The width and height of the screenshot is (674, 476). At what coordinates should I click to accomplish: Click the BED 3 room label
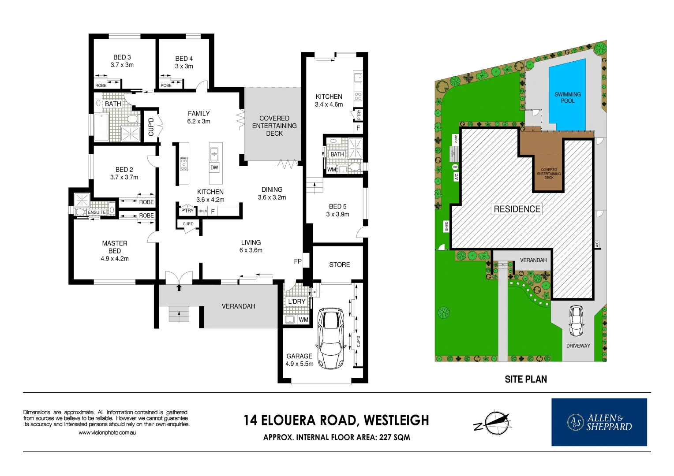click(x=122, y=57)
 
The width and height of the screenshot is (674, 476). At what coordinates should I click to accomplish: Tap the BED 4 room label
click(x=184, y=59)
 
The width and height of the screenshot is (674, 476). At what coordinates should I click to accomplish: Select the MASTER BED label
click(x=115, y=247)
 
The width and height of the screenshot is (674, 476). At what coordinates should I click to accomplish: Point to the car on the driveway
click(x=576, y=320)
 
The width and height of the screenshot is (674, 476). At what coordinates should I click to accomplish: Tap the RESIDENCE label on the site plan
click(x=517, y=209)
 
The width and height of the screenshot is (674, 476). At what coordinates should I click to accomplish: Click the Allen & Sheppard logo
click(x=599, y=422)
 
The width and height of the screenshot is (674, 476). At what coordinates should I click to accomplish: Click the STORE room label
click(x=339, y=264)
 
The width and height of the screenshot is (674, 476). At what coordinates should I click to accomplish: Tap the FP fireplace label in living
click(x=298, y=261)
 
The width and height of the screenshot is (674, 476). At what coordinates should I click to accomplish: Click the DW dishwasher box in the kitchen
click(x=214, y=167)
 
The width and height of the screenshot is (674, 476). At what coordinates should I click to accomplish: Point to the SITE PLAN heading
click(x=526, y=379)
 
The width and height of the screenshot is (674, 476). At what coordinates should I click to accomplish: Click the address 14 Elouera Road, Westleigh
click(x=336, y=420)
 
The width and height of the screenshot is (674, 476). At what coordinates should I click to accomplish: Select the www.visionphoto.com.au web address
click(x=107, y=433)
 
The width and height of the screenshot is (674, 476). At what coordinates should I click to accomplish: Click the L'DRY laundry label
click(x=297, y=301)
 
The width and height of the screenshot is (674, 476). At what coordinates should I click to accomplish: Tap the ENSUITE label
click(x=97, y=212)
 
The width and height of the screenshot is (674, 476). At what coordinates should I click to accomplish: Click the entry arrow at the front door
click(x=179, y=288)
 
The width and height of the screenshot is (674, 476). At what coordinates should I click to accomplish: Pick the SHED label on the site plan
click(x=446, y=226)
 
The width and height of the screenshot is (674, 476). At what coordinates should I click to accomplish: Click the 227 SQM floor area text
click(x=394, y=437)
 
